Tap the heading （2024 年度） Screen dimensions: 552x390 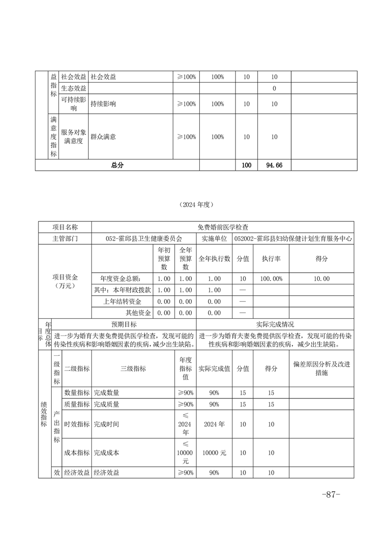195,204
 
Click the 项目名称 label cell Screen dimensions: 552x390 65,227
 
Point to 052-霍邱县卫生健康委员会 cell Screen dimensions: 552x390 144,239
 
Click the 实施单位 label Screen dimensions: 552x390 214,239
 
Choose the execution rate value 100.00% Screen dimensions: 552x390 271,278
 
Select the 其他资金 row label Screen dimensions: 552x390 140,312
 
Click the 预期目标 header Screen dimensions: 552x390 123,325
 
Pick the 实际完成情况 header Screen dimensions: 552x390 275,325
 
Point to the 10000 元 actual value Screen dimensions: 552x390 214,452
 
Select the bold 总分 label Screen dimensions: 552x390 117,165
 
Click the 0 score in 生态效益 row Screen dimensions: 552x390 274,89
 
